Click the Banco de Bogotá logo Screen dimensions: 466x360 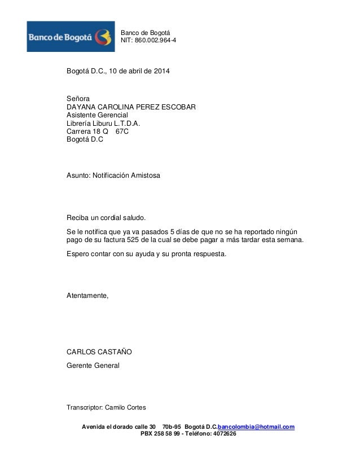click(x=71, y=36)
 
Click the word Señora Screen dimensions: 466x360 click(x=78, y=99)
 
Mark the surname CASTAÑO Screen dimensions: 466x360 click(x=115, y=352)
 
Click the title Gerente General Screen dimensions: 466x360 click(x=93, y=366)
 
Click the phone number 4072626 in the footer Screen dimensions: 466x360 click(x=222, y=434)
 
